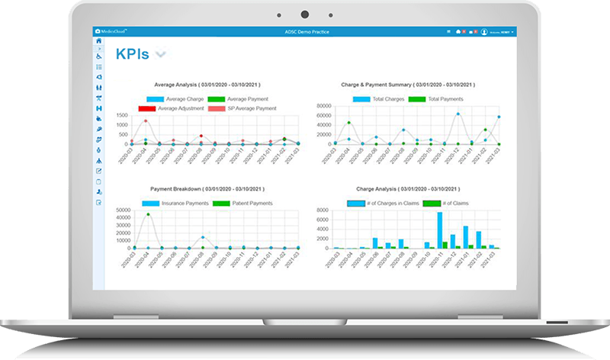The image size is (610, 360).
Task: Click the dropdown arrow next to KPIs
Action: (161, 54)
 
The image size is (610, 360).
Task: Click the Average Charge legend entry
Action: (175, 99)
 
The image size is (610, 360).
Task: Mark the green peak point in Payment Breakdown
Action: (148, 214)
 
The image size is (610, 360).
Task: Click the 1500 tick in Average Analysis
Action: (121, 114)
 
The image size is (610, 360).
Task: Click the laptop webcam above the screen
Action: (304, 14)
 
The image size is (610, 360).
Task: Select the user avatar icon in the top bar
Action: (484, 31)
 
